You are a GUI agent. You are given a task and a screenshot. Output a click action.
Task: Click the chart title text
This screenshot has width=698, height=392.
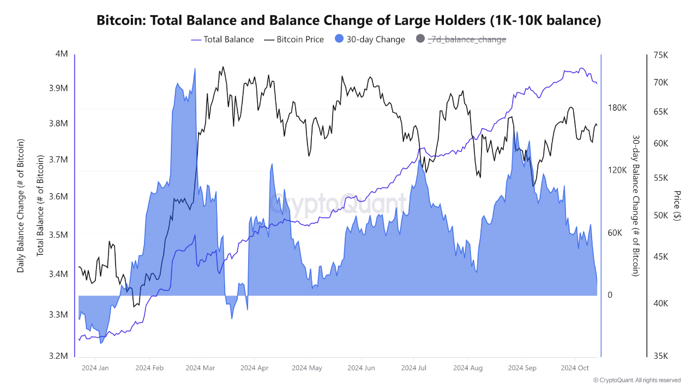point(349,21)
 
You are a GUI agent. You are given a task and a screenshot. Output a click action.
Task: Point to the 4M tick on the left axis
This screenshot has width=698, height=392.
point(62,54)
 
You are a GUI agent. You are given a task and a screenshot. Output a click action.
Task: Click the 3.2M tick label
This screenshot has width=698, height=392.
point(59,356)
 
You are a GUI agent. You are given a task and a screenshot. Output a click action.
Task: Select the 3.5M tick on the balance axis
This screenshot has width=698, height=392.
point(59,235)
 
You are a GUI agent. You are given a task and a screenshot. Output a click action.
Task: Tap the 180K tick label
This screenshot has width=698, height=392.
point(617,108)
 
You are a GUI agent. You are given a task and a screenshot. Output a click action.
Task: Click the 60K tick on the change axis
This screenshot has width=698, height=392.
point(615,232)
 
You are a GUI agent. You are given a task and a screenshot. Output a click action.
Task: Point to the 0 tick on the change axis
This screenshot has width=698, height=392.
point(610,295)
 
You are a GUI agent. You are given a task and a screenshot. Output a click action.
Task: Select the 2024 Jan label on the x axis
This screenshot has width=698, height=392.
point(95,368)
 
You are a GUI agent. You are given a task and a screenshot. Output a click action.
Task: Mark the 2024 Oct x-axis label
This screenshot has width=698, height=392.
point(575,368)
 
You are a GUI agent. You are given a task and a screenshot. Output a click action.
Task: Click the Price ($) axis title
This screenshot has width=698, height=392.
point(677,205)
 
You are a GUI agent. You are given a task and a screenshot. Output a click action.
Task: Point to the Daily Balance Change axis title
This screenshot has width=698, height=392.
point(21,205)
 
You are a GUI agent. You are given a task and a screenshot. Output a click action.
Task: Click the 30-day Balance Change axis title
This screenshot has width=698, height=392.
point(635,205)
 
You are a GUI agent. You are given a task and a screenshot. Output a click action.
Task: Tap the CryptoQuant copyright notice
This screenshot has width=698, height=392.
point(636,380)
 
